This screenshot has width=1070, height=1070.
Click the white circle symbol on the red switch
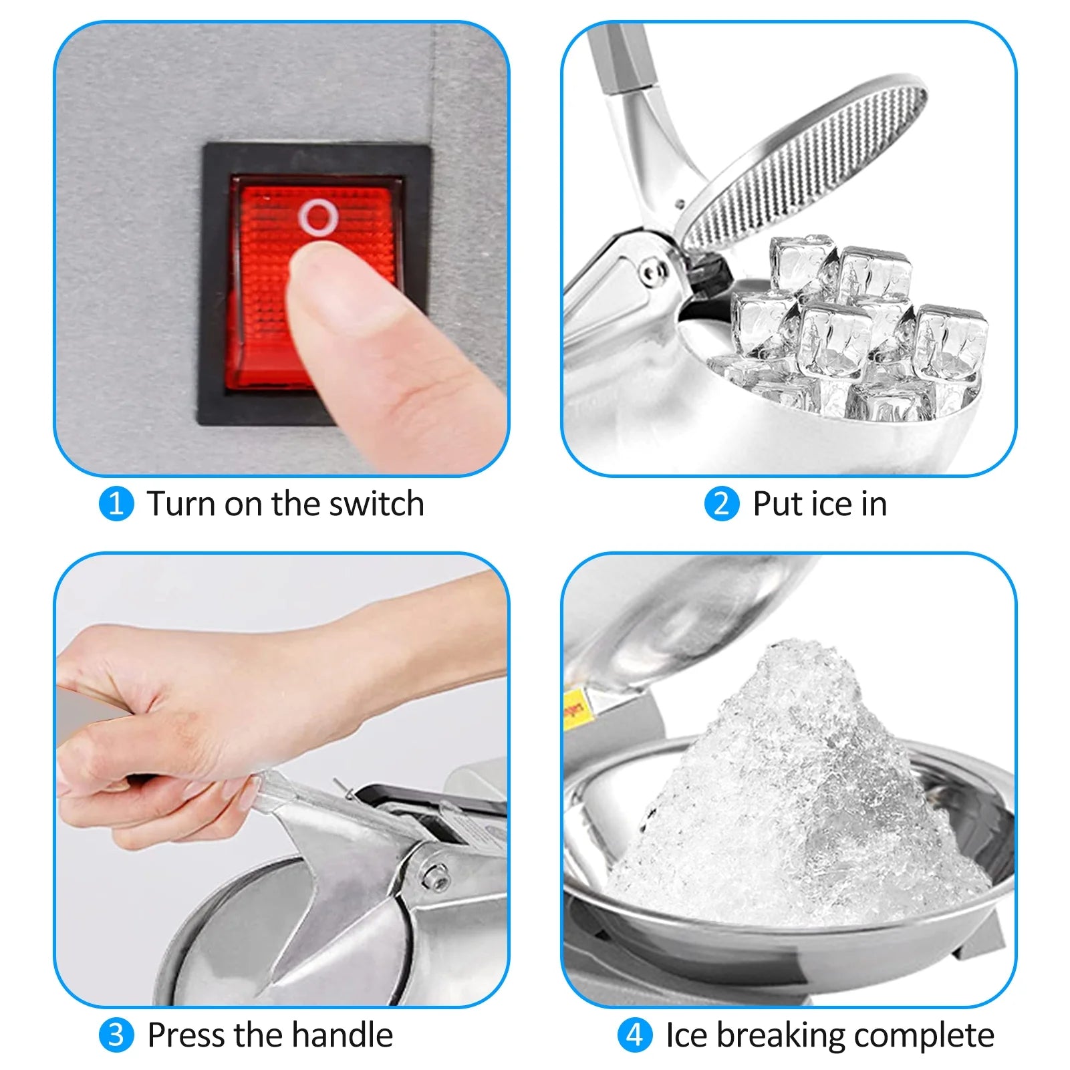click(x=318, y=217)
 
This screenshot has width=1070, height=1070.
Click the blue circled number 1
click(x=116, y=504)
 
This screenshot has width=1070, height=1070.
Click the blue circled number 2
click(x=722, y=504)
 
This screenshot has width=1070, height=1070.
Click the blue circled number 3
click(x=116, y=1035)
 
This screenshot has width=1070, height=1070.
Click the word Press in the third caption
click(x=186, y=1035)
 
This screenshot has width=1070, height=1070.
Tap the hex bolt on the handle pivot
click(x=435, y=875)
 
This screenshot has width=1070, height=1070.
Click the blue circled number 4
click(x=634, y=1035)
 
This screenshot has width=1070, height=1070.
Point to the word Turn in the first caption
click(x=181, y=504)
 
